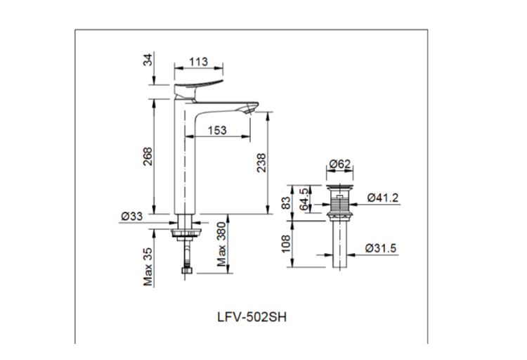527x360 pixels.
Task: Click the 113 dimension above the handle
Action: pos(199,62)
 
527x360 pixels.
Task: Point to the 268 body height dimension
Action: pos(147,159)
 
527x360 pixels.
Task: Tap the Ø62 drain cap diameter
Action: pos(339,165)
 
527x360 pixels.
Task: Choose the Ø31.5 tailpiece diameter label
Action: pos(382,248)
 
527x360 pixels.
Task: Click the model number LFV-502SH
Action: pos(252,316)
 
